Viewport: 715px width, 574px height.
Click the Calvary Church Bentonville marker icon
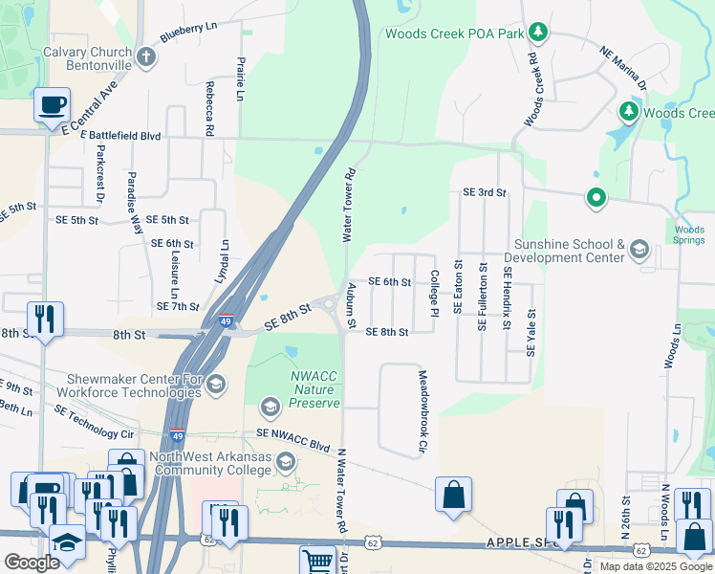[146, 57]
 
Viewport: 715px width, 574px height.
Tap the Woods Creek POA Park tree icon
[539, 33]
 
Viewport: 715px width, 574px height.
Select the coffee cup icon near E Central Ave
[52, 105]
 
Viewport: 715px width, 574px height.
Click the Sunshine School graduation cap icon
[639, 251]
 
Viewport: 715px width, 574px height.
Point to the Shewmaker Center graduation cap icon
[215, 385]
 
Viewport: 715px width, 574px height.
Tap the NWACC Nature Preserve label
[314, 389]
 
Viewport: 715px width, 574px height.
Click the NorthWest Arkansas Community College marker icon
[285, 464]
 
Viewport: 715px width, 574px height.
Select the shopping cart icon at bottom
[316, 560]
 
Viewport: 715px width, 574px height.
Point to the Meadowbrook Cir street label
[422, 411]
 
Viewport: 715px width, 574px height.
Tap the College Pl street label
[434, 292]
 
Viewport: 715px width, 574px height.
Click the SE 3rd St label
[483, 192]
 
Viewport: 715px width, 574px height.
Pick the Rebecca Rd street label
[208, 108]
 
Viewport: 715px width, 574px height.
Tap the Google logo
[32, 563]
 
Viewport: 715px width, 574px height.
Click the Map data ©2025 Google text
[656, 566]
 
